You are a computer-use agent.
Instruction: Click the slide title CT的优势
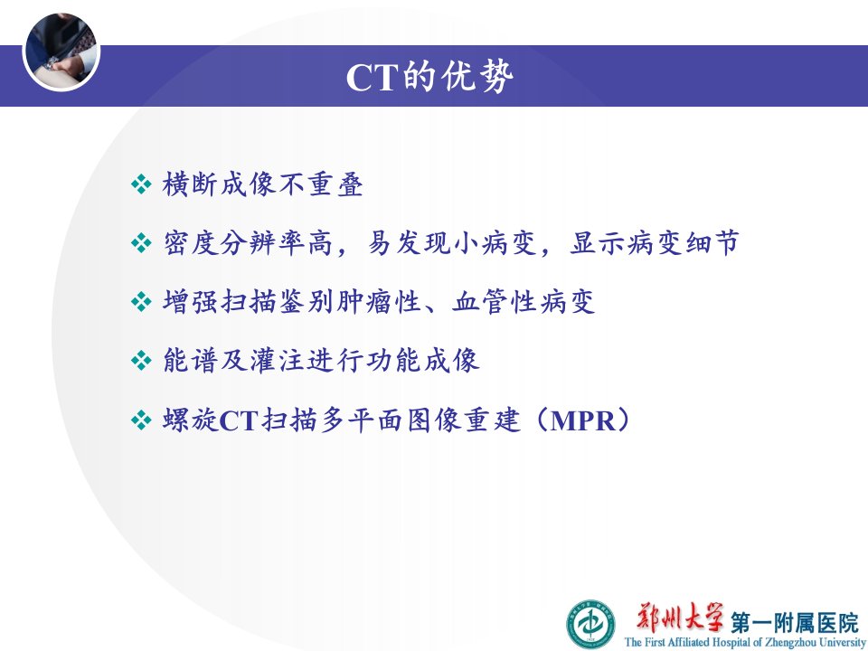[x=429, y=76]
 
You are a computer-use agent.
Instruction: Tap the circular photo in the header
[x=61, y=51]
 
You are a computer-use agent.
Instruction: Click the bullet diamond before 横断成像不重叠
[x=141, y=184]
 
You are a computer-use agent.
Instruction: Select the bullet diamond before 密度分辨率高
[x=141, y=243]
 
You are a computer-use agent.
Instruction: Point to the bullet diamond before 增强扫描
[x=141, y=302]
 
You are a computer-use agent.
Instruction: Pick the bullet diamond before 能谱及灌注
[x=141, y=361]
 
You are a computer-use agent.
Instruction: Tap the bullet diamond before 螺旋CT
[x=141, y=420]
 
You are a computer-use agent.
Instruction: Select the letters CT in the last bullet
[x=239, y=420]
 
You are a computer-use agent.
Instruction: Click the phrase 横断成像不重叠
[x=263, y=184]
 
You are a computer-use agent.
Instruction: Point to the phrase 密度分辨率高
[x=248, y=243]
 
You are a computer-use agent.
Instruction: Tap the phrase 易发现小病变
[x=452, y=243]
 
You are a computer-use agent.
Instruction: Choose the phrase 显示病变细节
[x=655, y=243]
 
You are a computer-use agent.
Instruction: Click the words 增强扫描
[x=220, y=302]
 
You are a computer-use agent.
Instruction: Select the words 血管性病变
[x=524, y=302]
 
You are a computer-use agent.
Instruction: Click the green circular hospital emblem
[x=590, y=625]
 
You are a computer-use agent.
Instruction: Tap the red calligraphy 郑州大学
[x=680, y=618]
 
